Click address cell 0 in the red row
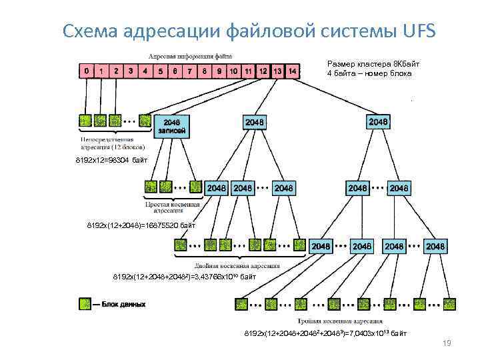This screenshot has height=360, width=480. point(86,70)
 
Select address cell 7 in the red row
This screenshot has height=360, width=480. point(189,70)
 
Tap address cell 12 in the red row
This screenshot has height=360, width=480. point(263,70)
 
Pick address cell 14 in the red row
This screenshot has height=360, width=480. point(292,70)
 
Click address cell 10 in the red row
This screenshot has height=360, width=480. point(233,70)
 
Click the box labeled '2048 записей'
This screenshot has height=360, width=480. point(171,126)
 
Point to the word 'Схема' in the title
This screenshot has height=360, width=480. point(89,31)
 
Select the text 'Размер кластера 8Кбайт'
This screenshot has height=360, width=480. point(373,64)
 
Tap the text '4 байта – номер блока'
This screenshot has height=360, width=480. point(369,73)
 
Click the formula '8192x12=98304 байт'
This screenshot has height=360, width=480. point(107,161)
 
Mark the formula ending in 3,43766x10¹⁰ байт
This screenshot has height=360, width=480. point(184,276)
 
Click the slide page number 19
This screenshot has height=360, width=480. point(447,343)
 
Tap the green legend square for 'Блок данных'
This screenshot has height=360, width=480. point(85,303)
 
